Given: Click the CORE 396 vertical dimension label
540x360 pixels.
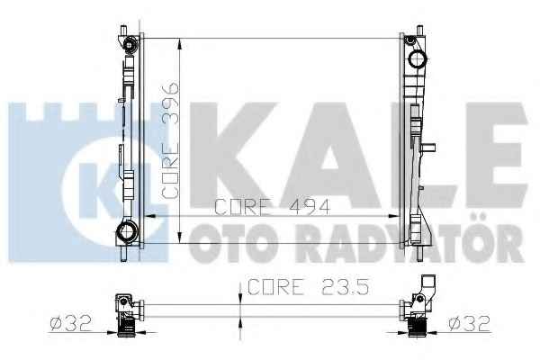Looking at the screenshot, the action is (170, 140).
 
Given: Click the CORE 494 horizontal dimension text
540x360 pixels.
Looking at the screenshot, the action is (272, 207).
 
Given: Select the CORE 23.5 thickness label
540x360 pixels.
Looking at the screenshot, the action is (308, 287).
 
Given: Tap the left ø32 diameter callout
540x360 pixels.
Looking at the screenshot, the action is (70, 324).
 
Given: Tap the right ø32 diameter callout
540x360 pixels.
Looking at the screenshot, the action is (469, 324).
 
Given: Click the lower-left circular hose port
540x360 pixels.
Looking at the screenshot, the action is (126, 231).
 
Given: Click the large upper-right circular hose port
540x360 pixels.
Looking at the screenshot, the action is (418, 59).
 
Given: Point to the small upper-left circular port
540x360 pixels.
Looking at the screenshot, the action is (130, 45).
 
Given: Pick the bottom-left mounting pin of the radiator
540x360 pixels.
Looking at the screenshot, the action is (124, 253).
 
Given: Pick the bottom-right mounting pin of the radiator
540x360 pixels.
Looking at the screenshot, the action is (419, 253).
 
